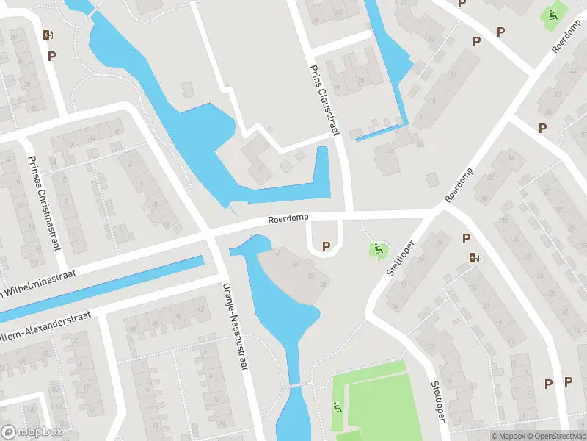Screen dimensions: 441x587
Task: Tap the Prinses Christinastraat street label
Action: point(43,202)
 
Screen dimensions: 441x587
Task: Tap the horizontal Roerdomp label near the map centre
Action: point(288,218)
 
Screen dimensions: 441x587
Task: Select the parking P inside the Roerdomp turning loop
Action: point(326,246)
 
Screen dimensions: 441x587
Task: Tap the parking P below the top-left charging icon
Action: point(52,55)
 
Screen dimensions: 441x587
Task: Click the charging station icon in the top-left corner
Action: point(48,35)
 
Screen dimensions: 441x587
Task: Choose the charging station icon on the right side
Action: point(475,257)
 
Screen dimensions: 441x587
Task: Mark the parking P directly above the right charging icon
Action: point(465,238)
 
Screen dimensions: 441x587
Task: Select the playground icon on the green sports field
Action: point(337,407)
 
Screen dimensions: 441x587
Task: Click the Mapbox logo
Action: point(32,432)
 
